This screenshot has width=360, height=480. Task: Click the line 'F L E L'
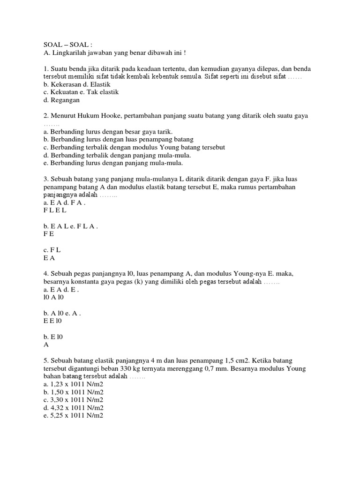[55, 211]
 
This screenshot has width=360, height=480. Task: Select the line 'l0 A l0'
[56, 298]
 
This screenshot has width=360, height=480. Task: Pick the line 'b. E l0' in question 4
[54, 337]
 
